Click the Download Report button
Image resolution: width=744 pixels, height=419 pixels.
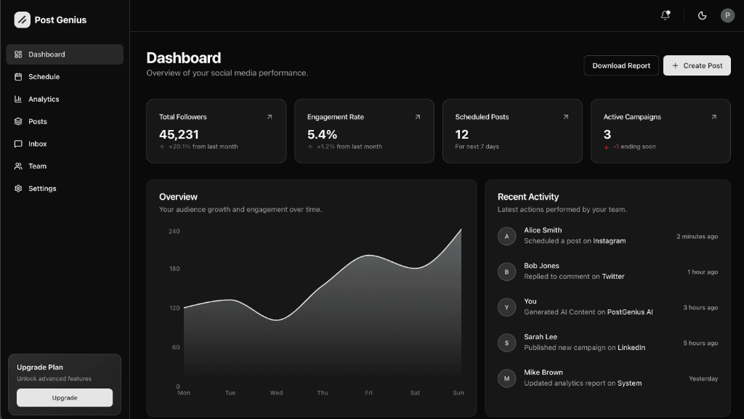[621, 65]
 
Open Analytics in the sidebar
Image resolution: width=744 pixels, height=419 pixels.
[44, 99]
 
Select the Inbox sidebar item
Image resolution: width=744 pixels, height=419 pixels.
[37, 144]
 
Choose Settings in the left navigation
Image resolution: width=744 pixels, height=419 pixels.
[42, 189]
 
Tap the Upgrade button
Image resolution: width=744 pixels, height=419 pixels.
[65, 398]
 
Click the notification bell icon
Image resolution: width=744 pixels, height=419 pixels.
[665, 15]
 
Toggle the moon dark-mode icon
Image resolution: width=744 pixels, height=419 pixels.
[702, 15]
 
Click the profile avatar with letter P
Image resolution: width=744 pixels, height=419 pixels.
[727, 15]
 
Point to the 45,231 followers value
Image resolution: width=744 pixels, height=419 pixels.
[179, 134]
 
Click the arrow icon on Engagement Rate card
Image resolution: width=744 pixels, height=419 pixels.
[417, 117]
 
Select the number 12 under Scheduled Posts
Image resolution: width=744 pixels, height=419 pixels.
[462, 134]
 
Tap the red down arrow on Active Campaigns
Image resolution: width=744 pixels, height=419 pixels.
[606, 147]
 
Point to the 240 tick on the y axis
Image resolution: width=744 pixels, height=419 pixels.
[174, 232]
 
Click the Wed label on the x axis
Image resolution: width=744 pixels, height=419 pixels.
[276, 393]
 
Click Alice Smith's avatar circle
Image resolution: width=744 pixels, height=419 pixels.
[506, 236]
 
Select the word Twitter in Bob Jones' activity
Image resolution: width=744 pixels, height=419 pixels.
[613, 277]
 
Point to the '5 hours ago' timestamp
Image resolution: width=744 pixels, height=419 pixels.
[700, 343]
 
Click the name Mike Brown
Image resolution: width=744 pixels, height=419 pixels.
[543, 373]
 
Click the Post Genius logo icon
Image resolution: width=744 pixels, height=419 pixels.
[23, 20]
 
